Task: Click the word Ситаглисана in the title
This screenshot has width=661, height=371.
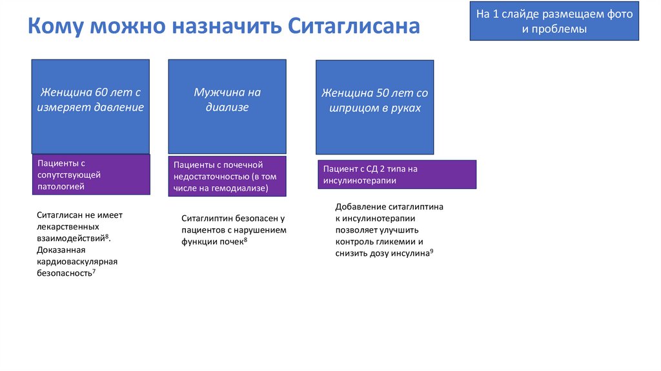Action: click(x=354, y=26)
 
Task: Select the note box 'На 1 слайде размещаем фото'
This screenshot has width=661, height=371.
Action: click(x=554, y=21)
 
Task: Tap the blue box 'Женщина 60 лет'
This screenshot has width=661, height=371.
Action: click(x=90, y=106)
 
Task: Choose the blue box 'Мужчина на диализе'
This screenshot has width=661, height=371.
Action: click(x=227, y=106)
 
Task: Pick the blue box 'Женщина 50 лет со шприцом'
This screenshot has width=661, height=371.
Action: click(x=374, y=107)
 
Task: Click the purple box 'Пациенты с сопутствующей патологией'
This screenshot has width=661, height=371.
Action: click(x=91, y=175)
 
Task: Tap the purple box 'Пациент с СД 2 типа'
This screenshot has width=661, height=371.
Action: click(x=396, y=175)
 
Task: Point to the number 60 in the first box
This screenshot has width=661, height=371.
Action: click(x=101, y=92)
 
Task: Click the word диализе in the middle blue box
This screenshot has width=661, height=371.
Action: click(x=227, y=108)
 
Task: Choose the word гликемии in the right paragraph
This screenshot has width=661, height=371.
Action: click(x=393, y=242)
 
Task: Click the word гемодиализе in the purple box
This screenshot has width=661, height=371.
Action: click(x=241, y=188)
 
